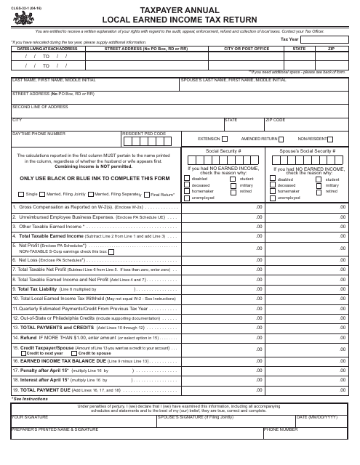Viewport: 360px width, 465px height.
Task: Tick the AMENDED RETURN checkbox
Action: tap(282, 138)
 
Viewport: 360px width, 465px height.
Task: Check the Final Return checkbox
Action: tap(146, 194)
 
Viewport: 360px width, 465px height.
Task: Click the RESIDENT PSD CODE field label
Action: tap(144, 134)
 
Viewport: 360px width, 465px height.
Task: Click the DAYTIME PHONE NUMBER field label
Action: tap(39, 134)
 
